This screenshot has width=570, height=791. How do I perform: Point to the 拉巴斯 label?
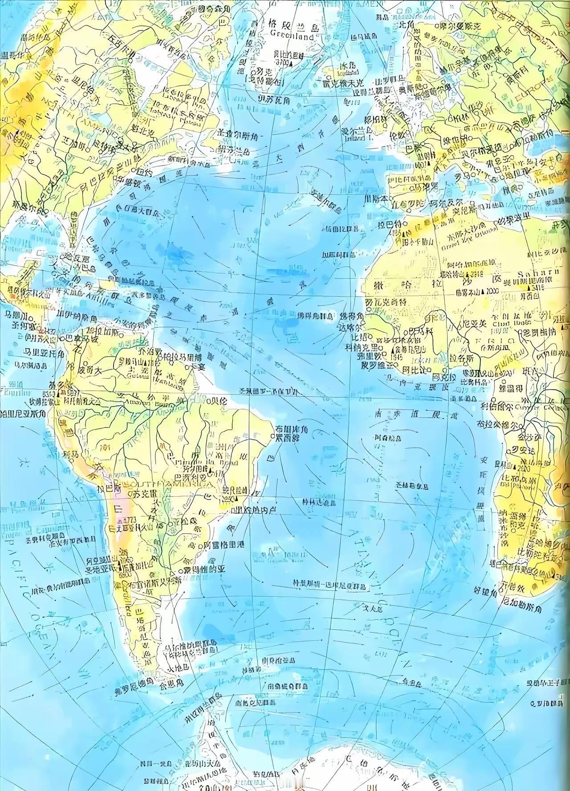point(111,489)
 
